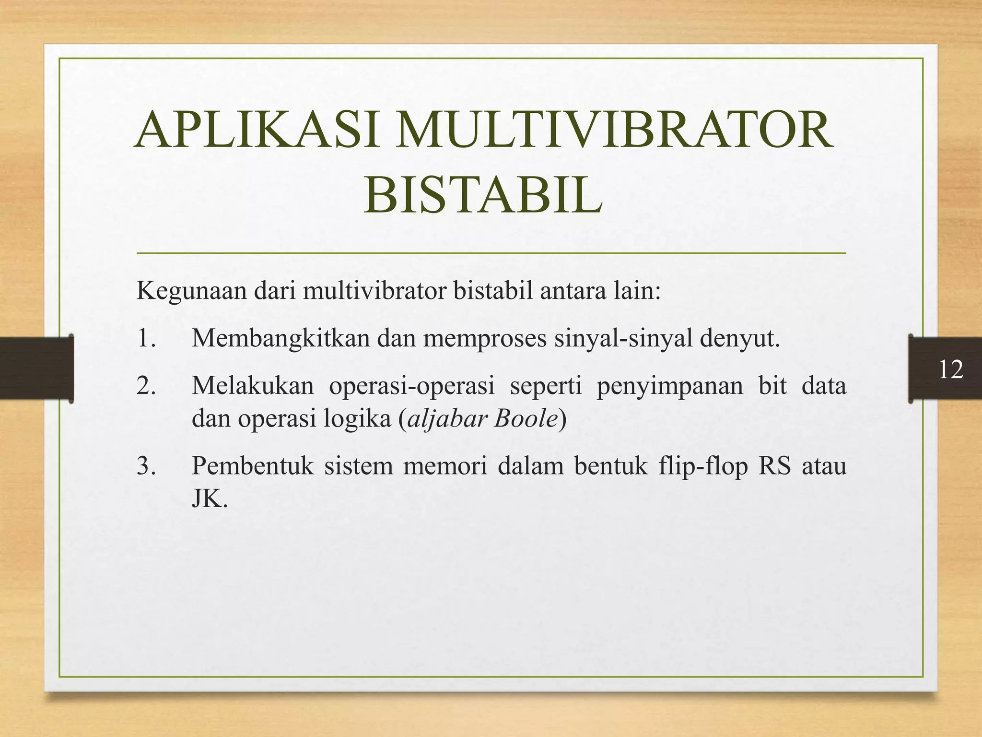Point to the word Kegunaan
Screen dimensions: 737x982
191,291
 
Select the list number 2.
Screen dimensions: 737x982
146,386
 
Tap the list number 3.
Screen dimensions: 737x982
146,466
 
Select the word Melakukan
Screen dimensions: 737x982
252,386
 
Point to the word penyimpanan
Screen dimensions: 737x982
669,386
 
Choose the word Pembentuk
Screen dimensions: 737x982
252,466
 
